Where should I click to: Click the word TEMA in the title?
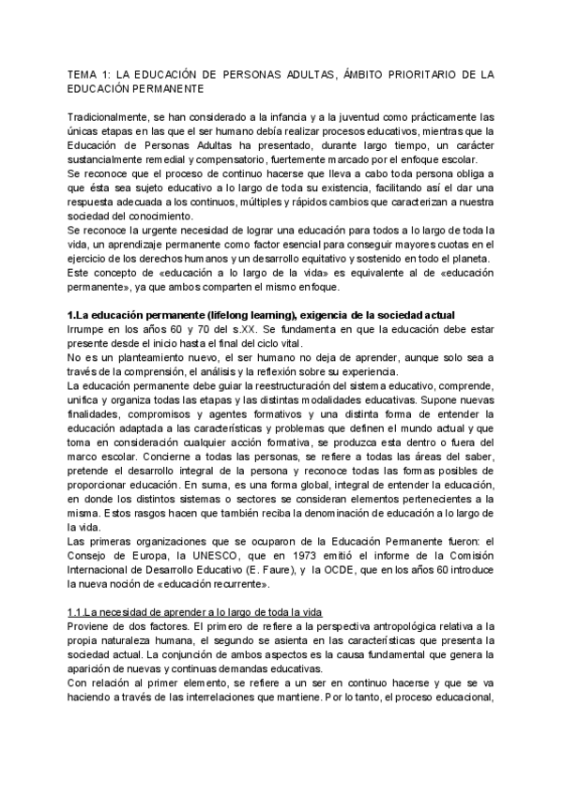83,72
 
